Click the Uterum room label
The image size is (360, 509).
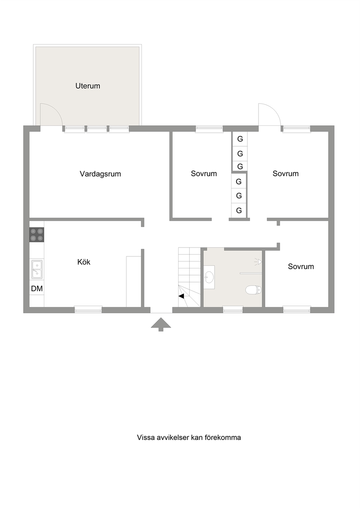[88, 86]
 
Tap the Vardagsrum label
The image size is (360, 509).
[100, 174]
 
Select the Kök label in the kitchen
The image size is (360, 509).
[84, 262]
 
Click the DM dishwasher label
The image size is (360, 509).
[37, 288]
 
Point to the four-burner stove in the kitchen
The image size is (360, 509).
[37, 234]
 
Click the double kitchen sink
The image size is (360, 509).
[37, 270]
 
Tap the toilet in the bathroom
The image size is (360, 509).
[253, 290]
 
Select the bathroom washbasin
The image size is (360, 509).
[209, 277]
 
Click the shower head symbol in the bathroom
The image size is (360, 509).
[258, 262]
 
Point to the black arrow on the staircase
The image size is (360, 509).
[181, 296]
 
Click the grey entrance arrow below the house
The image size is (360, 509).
[161, 324]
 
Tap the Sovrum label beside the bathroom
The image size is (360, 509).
[301, 267]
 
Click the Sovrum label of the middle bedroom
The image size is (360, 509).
[204, 174]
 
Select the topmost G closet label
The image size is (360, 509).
[240, 139]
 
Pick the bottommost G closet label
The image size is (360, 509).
[239, 210]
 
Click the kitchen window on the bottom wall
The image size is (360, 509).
[88, 310]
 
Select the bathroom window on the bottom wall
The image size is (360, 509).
[233, 310]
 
